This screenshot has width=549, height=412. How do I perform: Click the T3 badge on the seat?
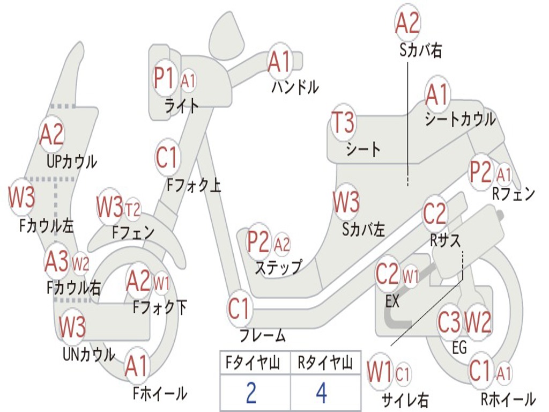click(343, 123)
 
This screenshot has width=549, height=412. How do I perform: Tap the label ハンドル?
click(295, 86)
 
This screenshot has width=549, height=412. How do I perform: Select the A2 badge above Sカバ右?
click(407, 23)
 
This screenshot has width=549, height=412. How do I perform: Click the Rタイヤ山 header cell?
click(325, 364)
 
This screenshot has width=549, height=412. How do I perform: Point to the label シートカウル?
click(460, 119)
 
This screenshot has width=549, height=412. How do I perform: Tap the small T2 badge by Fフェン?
click(132, 209)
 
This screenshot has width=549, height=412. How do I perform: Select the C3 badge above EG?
click(449, 322)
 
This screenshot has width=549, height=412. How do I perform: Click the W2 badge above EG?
click(478, 322)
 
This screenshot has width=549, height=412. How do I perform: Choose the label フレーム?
click(263, 336)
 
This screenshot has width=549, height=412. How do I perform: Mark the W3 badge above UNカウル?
click(72, 327)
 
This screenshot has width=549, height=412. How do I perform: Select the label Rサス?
click(446, 241)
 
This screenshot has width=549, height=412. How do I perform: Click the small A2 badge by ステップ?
click(282, 245)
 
